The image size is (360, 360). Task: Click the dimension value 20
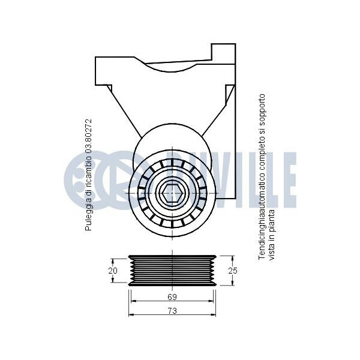113,271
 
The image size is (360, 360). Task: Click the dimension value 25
233,271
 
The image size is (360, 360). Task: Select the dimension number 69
172,297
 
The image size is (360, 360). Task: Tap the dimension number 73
172,311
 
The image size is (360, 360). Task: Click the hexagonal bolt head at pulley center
172,193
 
